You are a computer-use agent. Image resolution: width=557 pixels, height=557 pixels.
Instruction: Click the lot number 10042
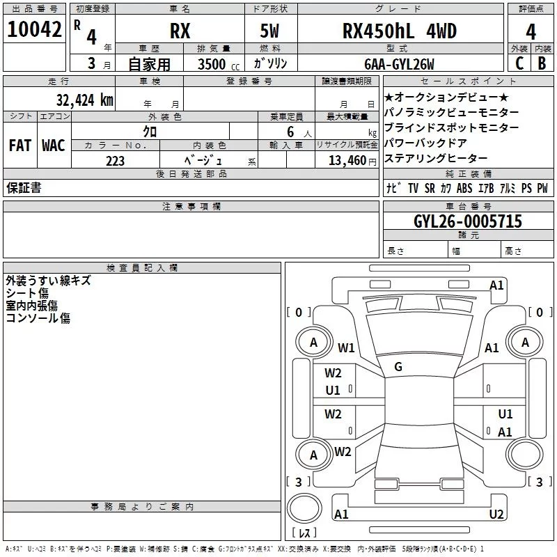click(34, 29)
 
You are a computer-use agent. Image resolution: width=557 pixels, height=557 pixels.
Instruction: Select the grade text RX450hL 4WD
click(399, 31)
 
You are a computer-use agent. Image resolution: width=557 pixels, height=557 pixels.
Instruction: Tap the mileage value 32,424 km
click(84, 100)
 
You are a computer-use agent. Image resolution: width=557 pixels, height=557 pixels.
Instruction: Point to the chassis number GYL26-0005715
click(468, 221)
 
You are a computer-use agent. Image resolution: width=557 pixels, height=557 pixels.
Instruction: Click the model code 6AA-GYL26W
click(399, 64)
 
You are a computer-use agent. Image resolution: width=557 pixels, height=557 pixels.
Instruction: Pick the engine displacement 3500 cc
click(219, 64)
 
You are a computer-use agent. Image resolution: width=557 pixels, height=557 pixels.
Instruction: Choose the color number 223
click(115, 161)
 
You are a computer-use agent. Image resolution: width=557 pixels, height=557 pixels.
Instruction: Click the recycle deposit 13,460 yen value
click(352, 161)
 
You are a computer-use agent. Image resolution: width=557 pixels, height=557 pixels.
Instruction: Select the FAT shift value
click(20, 146)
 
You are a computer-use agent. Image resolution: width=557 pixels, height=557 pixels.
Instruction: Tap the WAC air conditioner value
click(54, 146)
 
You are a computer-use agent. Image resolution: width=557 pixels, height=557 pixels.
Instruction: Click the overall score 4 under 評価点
click(531, 32)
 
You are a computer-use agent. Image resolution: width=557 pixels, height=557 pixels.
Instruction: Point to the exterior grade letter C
click(519, 63)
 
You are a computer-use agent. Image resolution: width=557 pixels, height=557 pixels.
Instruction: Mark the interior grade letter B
click(542, 63)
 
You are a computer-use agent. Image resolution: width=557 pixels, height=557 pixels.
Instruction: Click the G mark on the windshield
click(398, 367)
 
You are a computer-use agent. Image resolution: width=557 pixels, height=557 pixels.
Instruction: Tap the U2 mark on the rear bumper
click(496, 514)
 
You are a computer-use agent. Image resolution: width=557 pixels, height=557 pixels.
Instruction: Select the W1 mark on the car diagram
click(346, 347)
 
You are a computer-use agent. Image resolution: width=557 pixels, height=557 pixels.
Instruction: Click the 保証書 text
click(24, 187)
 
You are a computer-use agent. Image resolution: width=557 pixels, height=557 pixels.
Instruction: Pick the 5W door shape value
click(269, 31)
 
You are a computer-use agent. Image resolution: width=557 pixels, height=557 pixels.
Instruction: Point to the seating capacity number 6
click(290, 132)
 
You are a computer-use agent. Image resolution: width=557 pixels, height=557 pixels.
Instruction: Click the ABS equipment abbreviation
click(464, 188)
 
